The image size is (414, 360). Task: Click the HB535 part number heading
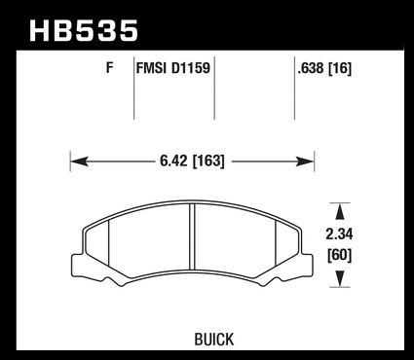click(x=84, y=31)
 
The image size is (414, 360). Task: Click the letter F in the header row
click(x=110, y=68)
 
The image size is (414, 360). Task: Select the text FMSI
click(x=151, y=68)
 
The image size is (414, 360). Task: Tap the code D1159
click(x=191, y=68)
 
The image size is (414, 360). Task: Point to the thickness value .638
click(x=311, y=68)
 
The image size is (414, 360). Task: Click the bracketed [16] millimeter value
click(x=340, y=69)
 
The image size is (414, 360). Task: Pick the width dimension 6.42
click(x=173, y=161)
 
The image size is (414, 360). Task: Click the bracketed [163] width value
click(x=208, y=162)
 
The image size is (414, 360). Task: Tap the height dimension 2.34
click(x=339, y=234)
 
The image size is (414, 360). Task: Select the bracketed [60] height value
click(x=340, y=256)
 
